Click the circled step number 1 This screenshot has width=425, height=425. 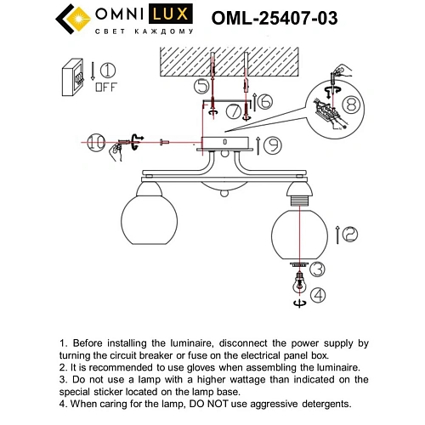[110, 70]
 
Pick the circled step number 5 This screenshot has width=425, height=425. [201, 86]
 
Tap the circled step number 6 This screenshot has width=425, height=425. [264, 101]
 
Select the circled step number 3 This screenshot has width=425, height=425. [316, 270]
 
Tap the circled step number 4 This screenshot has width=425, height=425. [317, 295]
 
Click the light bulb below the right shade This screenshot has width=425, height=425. [297, 286]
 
